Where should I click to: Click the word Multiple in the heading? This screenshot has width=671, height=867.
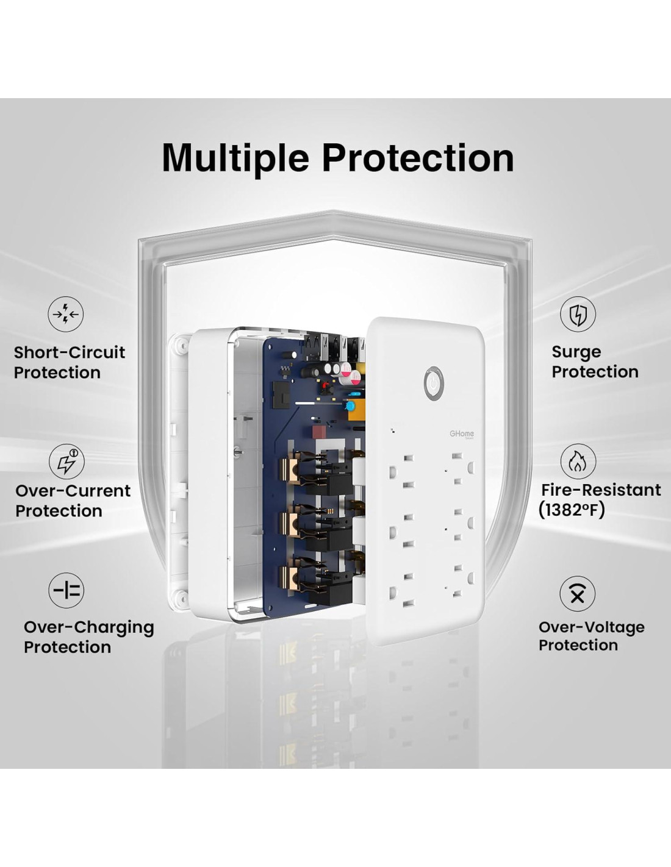tap(235, 159)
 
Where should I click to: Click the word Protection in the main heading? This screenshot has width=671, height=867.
tap(418, 157)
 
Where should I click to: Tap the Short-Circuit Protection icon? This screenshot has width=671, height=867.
tap(66, 314)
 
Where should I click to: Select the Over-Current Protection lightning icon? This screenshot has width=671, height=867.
tap(66, 462)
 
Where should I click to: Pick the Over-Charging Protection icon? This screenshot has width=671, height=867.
tap(66, 591)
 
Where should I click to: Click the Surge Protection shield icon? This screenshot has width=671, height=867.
tap(578, 314)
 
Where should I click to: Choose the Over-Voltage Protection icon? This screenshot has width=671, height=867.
tap(577, 594)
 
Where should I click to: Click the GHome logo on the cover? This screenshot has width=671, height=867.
tap(462, 434)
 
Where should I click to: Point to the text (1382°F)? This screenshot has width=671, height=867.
tap(572, 510)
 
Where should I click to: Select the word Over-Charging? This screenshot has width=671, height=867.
tap(89, 628)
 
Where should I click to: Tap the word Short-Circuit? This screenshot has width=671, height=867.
tap(70, 352)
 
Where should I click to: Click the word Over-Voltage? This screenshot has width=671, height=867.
tap(592, 627)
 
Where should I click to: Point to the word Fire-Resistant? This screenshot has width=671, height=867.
tap(601, 490)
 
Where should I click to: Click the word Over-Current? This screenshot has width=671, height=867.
tap(73, 491)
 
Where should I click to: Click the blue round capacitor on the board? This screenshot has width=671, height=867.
tap(351, 406)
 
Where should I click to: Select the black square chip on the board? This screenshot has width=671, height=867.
tap(282, 394)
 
